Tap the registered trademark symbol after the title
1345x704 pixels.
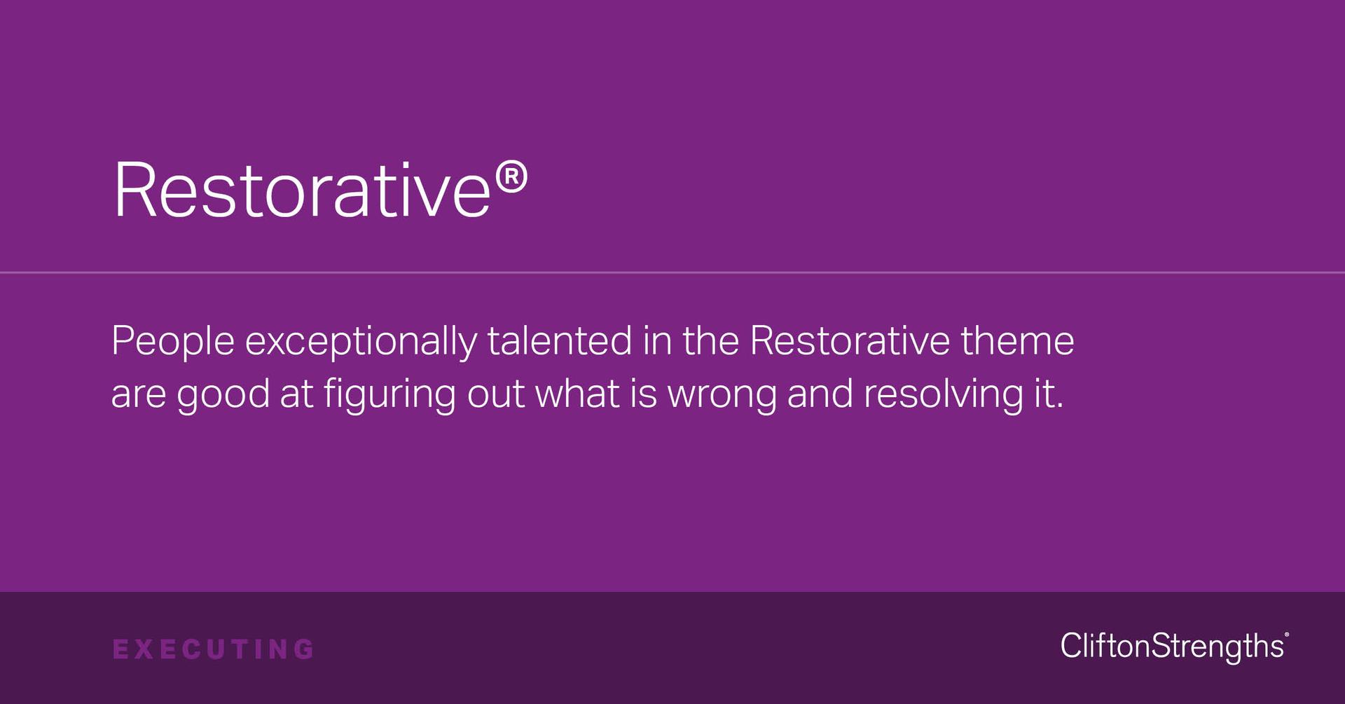coord(511,178)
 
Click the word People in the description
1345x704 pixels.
coord(173,341)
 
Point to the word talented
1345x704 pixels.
coord(559,341)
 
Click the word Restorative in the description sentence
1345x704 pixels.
coord(849,341)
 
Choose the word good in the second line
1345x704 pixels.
coord(223,395)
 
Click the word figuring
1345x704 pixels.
coord(389,395)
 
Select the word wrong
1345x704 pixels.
coord(722,395)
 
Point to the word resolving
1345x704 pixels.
coord(943,395)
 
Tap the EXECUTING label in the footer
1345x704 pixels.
coord(214,649)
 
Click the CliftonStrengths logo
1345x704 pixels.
coord(1172,646)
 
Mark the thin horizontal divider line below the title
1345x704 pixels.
coord(672,272)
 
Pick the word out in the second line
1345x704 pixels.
coord(495,394)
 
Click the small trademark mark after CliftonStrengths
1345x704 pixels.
coord(1287,635)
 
